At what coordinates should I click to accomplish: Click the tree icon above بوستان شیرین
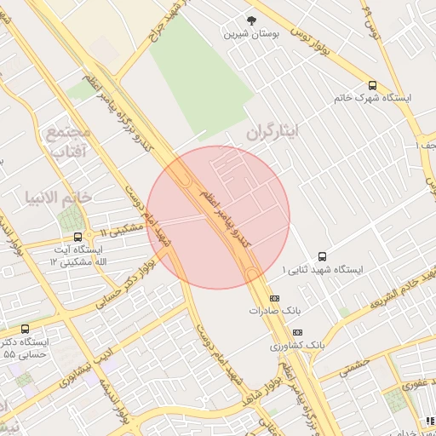pos(250,20)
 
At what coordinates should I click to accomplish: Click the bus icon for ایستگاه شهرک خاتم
pos(372,85)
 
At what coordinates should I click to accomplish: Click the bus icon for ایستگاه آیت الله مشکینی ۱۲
pos(78,237)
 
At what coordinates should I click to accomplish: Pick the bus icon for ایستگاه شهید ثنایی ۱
pos(322,255)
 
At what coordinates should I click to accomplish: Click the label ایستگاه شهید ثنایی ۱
pos(323,269)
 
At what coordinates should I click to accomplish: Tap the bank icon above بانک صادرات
pos(274,298)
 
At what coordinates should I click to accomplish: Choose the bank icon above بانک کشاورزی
pos(297,332)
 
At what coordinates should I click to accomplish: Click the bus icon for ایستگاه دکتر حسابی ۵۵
pos(25,329)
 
